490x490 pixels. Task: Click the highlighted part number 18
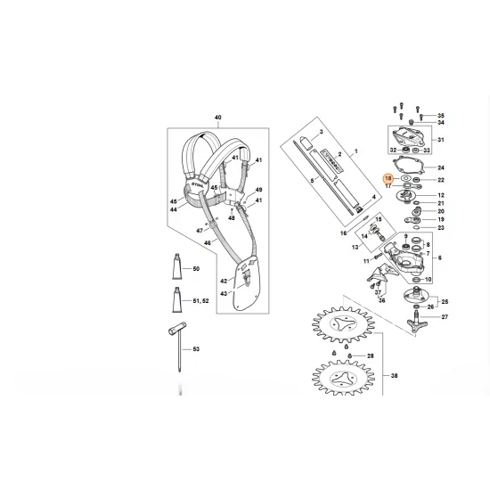tap(388, 179)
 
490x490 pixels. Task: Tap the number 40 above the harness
tap(216, 118)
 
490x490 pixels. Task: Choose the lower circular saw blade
tap(344, 386)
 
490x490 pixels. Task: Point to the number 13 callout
tap(354, 247)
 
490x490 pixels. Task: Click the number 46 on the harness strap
tap(208, 242)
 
